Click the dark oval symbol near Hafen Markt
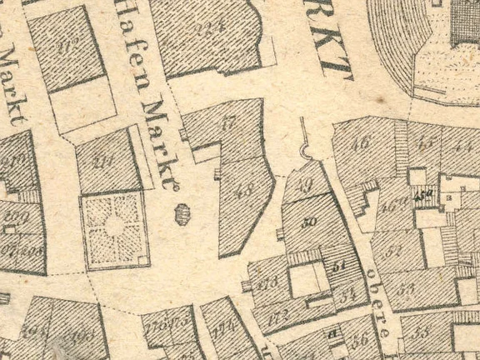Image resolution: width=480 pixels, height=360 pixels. tap(180, 215)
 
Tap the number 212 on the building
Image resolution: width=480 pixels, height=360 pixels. tap(67, 47)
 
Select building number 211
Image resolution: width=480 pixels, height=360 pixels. tap(104, 162)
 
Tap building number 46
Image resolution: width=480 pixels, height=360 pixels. tap(361, 142)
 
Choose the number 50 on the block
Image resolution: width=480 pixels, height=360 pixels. tap(308, 222)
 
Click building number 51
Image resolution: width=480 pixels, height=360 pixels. tap(338, 267)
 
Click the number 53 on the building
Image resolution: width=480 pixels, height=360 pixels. tap(407, 289)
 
